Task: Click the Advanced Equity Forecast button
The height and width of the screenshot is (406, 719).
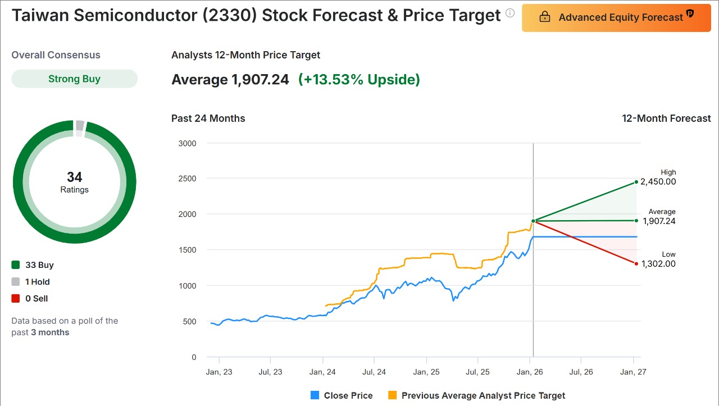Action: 616,17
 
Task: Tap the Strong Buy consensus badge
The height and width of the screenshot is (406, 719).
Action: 74,79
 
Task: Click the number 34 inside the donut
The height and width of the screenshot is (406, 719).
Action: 74,177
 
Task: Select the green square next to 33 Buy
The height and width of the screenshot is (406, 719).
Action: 16,265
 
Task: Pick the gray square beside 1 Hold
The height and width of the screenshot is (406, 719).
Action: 16,282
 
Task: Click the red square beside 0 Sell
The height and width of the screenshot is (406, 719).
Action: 16,299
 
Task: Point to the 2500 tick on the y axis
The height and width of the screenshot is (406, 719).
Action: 186,179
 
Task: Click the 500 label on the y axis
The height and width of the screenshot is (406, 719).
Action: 189,322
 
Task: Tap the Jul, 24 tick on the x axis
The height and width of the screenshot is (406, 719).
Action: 374,372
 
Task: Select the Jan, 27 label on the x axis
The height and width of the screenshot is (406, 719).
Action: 634,372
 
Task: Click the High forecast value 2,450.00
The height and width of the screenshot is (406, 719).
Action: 658,182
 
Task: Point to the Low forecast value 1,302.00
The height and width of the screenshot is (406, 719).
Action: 658,264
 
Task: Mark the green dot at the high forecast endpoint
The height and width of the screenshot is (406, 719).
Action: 636,182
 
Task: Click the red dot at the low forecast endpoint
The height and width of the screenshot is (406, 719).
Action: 636,263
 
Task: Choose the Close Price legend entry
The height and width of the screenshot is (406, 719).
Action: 342,395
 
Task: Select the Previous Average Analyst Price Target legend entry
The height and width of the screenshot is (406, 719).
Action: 476,395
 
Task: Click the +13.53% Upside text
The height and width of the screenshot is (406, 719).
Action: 359,80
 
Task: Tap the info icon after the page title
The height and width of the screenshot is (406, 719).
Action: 510,13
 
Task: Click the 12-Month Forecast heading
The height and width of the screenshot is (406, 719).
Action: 666,118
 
